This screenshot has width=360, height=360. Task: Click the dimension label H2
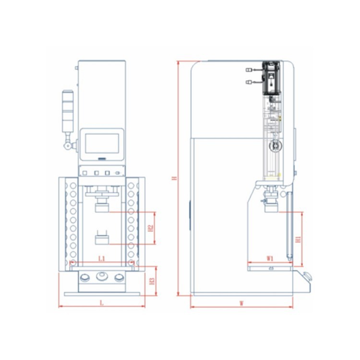click(151, 228)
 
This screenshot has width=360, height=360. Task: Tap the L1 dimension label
click(102, 259)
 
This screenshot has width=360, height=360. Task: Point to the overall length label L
click(101, 302)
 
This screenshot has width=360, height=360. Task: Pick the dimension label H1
click(298, 239)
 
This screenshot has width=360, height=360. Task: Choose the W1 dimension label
click(270, 258)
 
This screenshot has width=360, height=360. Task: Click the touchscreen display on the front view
click(102, 144)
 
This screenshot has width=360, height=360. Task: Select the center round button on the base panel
click(102, 276)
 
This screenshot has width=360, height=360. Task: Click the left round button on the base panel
click(85, 277)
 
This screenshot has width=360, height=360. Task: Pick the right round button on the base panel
click(119, 277)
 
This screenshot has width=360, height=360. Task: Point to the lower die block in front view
click(102, 239)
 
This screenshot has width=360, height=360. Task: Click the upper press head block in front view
click(102, 208)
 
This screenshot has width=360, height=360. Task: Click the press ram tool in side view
click(272, 202)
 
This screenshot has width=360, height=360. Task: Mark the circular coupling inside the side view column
click(275, 144)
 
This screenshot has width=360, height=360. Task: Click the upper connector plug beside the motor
click(249, 70)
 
